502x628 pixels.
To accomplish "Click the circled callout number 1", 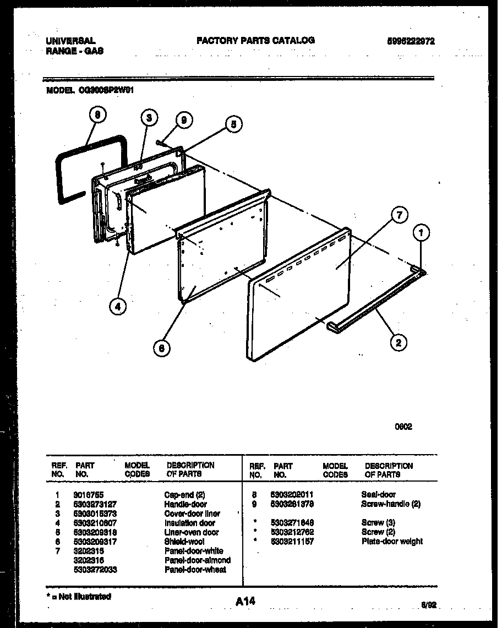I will click(x=421, y=234).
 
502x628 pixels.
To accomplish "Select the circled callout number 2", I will click(x=398, y=343).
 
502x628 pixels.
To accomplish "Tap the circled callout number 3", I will click(x=148, y=118).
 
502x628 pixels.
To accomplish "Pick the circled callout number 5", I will click(x=233, y=125).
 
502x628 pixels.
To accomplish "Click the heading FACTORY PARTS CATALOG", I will click(x=255, y=40).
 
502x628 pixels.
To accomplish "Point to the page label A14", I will click(x=245, y=602).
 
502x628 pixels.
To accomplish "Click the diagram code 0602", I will click(x=403, y=427).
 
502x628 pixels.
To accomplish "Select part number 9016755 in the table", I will click(x=88, y=495).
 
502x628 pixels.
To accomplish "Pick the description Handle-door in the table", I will click(x=185, y=505).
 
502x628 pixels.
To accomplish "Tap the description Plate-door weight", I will click(x=392, y=542).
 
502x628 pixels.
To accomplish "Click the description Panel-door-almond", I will click(x=198, y=560).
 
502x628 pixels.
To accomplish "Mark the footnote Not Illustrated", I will click(x=80, y=597).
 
